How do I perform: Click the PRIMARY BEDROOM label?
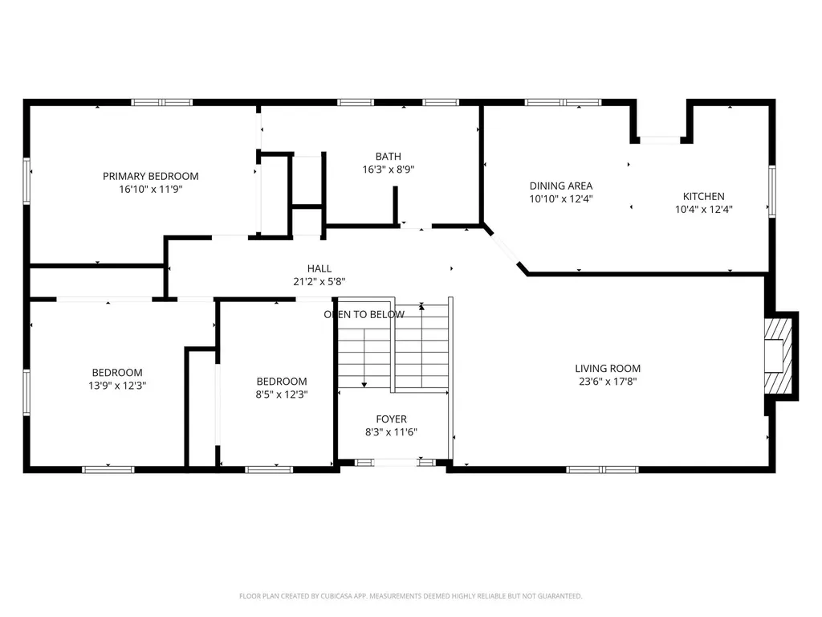coord(150,176)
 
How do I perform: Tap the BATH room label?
coord(388,156)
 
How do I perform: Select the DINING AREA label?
coord(560,186)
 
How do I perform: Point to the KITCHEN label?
coord(703,196)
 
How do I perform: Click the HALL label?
coord(319,268)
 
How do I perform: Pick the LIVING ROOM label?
coord(608,369)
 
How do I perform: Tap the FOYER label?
coord(391,419)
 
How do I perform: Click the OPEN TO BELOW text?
coord(364,314)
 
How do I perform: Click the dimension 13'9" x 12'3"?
coord(117,385)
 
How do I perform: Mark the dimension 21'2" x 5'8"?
coord(319,281)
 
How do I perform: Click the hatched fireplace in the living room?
coord(776,355)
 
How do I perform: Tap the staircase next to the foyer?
coord(393,348)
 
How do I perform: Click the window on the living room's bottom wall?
coord(602,469)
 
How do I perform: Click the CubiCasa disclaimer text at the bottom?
coord(410,596)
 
